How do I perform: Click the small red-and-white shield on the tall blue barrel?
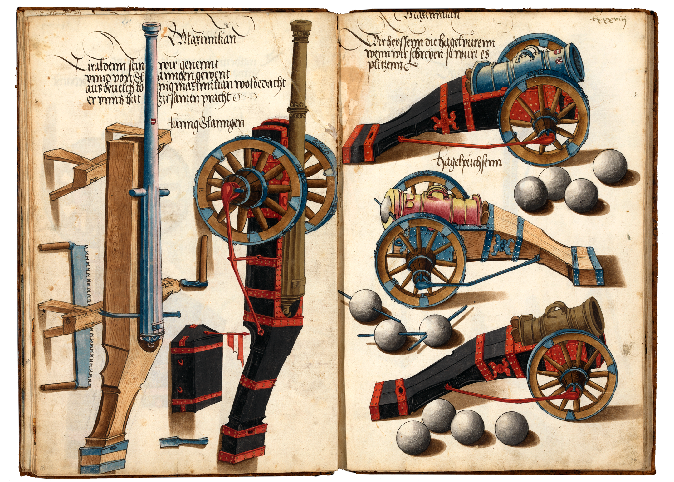(153, 121)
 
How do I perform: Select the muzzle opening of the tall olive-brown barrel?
(301, 25)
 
